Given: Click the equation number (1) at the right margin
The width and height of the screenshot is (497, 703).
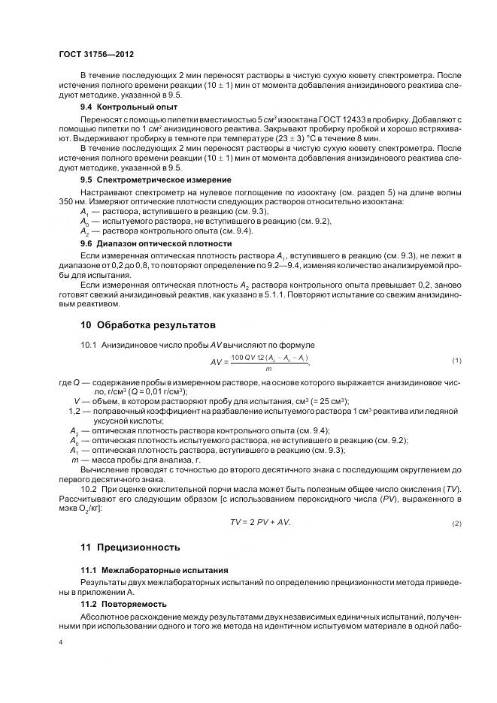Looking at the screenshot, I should pos(456,361).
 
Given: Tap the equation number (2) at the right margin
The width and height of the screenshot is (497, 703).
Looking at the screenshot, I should pos(456,523).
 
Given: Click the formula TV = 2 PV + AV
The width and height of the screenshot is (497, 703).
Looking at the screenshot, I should pos(260,522).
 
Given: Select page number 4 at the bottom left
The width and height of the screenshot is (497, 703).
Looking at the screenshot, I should pos(60,642).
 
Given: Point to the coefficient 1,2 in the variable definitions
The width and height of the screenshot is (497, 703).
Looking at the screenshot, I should pos(74,412).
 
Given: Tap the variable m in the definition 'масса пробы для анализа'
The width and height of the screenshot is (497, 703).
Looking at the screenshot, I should pos(74,458).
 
